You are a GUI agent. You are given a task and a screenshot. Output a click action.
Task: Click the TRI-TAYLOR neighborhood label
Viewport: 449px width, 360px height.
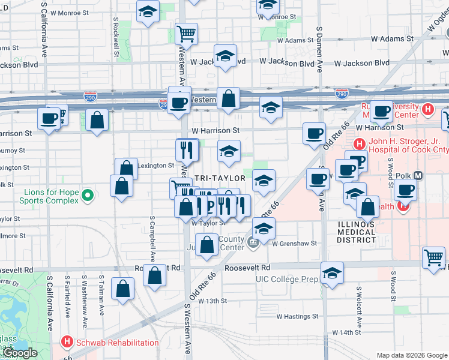[220, 178]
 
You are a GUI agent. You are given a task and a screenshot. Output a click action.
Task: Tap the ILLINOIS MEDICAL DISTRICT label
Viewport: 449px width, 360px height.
[356, 233]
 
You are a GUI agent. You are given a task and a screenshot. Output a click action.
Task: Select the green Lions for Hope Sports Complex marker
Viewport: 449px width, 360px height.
[88, 196]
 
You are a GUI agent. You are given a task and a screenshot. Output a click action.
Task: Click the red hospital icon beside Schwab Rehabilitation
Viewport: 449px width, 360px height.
[67, 343]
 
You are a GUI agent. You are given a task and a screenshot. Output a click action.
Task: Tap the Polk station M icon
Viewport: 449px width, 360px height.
[418, 176]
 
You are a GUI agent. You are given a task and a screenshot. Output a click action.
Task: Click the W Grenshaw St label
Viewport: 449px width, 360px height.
[294, 244]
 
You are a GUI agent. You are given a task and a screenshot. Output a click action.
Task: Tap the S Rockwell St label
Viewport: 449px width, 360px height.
[115, 36]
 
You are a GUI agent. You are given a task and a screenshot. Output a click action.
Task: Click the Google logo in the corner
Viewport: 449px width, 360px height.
[20, 353]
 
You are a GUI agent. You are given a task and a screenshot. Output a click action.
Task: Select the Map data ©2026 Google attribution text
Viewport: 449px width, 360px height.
[411, 355]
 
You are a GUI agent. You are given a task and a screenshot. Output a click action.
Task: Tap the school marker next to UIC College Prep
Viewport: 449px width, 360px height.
[332, 273]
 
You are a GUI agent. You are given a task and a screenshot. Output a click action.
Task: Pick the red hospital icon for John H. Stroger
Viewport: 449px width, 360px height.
[358, 144]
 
